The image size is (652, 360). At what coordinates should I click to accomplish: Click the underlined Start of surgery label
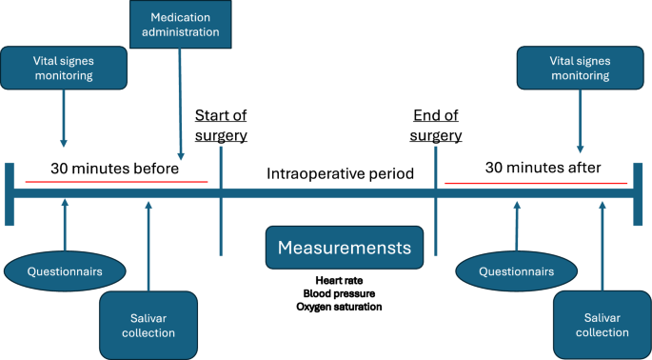[x=221, y=125]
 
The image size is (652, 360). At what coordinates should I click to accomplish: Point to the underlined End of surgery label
[x=436, y=125]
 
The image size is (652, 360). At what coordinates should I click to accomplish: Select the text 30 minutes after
[x=543, y=169]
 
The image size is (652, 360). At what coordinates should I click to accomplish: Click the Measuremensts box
[x=344, y=248]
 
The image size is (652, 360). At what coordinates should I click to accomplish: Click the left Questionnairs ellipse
[x=65, y=270]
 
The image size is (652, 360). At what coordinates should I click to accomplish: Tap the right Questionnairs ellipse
[x=516, y=270]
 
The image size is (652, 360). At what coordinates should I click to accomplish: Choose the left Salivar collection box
[x=148, y=324]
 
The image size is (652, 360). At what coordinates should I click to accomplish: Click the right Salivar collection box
[x=602, y=324]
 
